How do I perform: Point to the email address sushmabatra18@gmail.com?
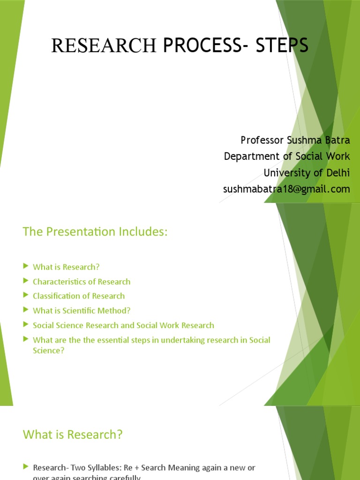[x=286, y=189]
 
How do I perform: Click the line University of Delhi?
[x=307, y=172]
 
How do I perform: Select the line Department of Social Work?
[x=287, y=156]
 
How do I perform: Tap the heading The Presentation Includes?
[x=95, y=232]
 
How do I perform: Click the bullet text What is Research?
[x=66, y=267]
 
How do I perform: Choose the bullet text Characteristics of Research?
[x=82, y=282]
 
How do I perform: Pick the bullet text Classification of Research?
[x=79, y=296]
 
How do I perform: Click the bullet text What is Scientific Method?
[x=82, y=310]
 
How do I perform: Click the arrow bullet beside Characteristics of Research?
[x=26, y=281]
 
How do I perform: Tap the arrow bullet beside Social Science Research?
[x=26, y=324]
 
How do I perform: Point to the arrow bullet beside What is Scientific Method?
[x=26, y=310]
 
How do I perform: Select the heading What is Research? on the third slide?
[x=73, y=435]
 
